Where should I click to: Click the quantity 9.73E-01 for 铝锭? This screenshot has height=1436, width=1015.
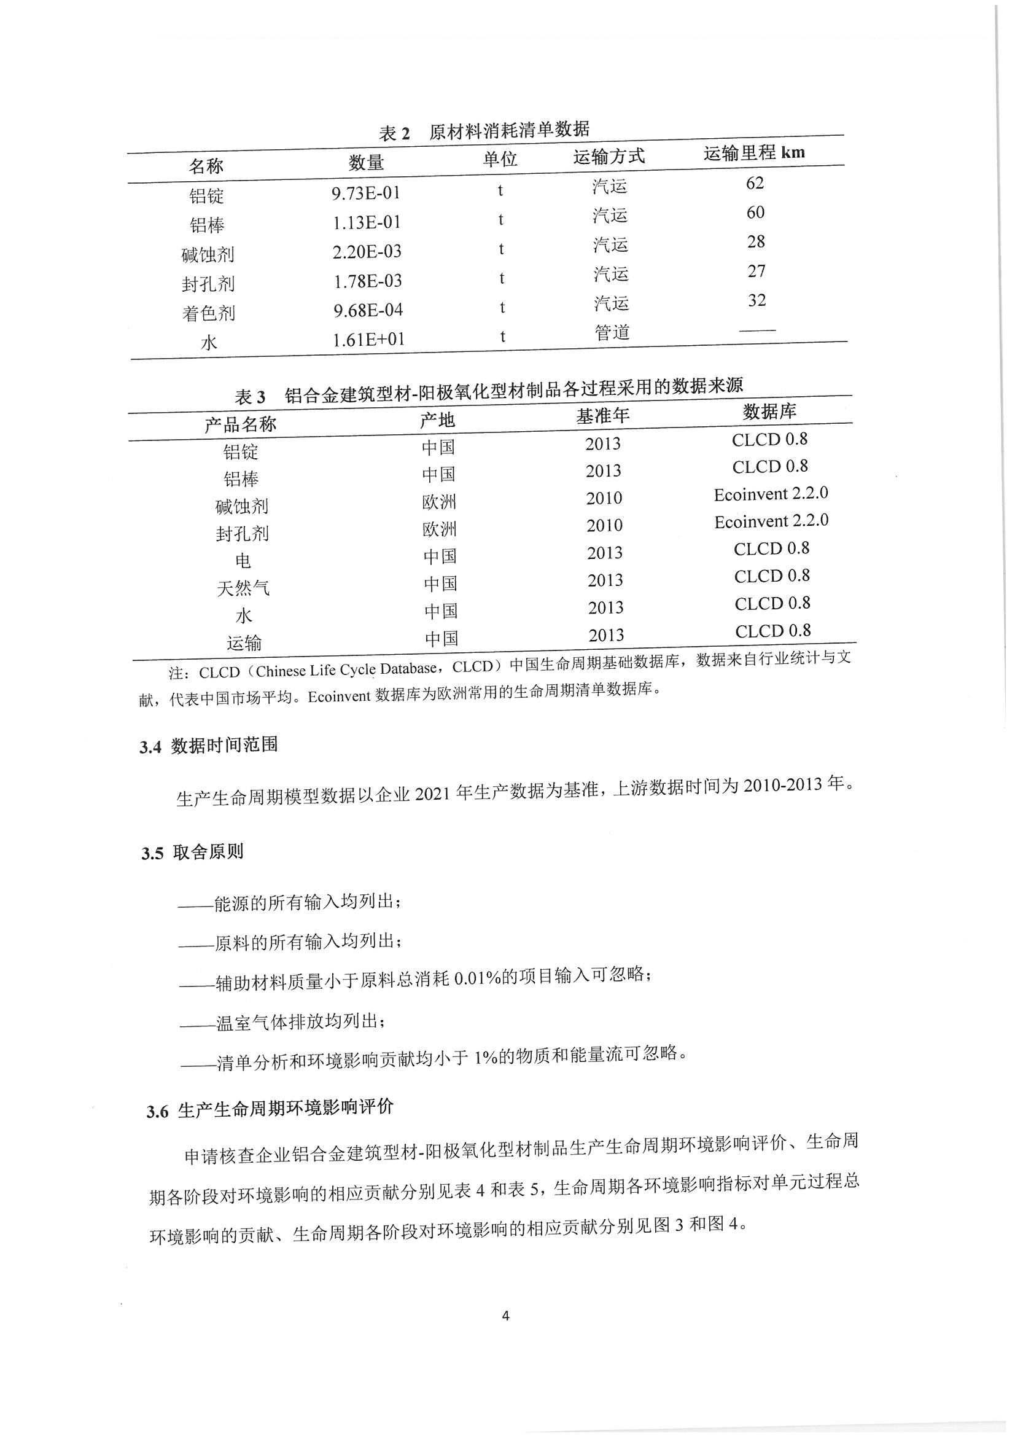click(365, 193)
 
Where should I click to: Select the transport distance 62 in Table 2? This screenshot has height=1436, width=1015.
click(755, 182)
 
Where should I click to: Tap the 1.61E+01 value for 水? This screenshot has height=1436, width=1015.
click(368, 340)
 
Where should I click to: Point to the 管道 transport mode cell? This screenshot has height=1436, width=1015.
click(612, 333)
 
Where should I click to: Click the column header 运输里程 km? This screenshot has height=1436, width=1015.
click(753, 152)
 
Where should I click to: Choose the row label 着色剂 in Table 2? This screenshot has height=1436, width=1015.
click(208, 313)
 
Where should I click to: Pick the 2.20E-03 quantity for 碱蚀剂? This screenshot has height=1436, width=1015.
click(367, 251)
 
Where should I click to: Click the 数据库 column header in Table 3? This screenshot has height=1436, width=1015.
click(769, 412)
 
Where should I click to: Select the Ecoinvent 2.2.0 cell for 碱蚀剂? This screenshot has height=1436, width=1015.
click(771, 494)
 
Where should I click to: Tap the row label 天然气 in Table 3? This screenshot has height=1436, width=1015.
click(243, 588)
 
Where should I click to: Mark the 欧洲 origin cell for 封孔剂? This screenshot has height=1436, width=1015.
click(439, 529)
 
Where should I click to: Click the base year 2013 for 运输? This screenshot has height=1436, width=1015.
click(606, 636)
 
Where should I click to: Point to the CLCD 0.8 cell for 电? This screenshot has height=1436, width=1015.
click(771, 548)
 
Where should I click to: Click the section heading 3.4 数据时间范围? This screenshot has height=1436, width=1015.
click(208, 746)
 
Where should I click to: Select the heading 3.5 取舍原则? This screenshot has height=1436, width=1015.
click(192, 853)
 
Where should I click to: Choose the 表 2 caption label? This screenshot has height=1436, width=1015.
click(394, 133)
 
